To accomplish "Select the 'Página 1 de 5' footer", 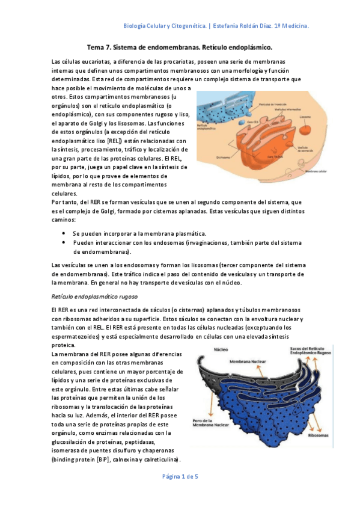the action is (179, 476).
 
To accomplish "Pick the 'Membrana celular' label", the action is (319, 170).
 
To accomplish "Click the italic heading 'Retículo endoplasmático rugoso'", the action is (95, 296).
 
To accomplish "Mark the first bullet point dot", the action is (64, 233).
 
